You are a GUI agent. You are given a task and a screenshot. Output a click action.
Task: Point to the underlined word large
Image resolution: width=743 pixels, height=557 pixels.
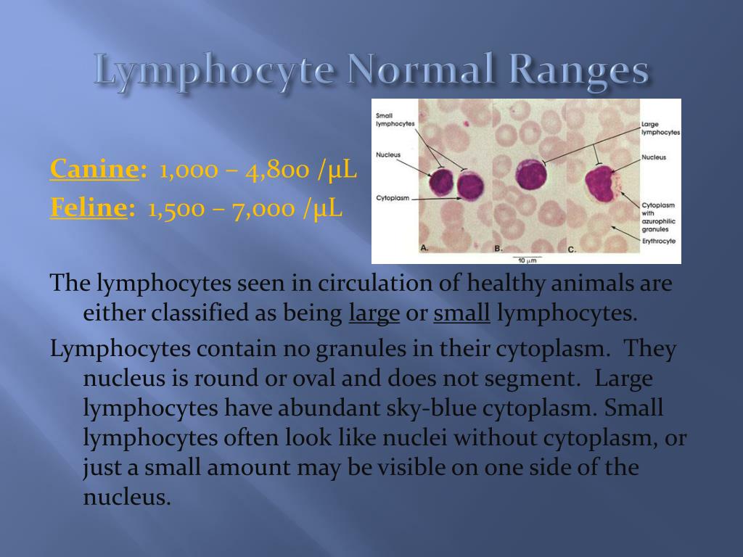(x=374, y=314)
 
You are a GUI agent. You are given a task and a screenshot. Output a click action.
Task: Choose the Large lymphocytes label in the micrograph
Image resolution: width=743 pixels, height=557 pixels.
(x=660, y=128)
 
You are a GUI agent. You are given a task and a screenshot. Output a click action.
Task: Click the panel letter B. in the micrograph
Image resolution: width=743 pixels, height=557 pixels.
(x=498, y=249)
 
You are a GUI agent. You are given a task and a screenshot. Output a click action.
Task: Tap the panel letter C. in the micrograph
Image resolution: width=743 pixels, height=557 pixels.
(x=572, y=249)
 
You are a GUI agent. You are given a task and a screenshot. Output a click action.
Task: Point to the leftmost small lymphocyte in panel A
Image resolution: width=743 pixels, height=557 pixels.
(x=441, y=183)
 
